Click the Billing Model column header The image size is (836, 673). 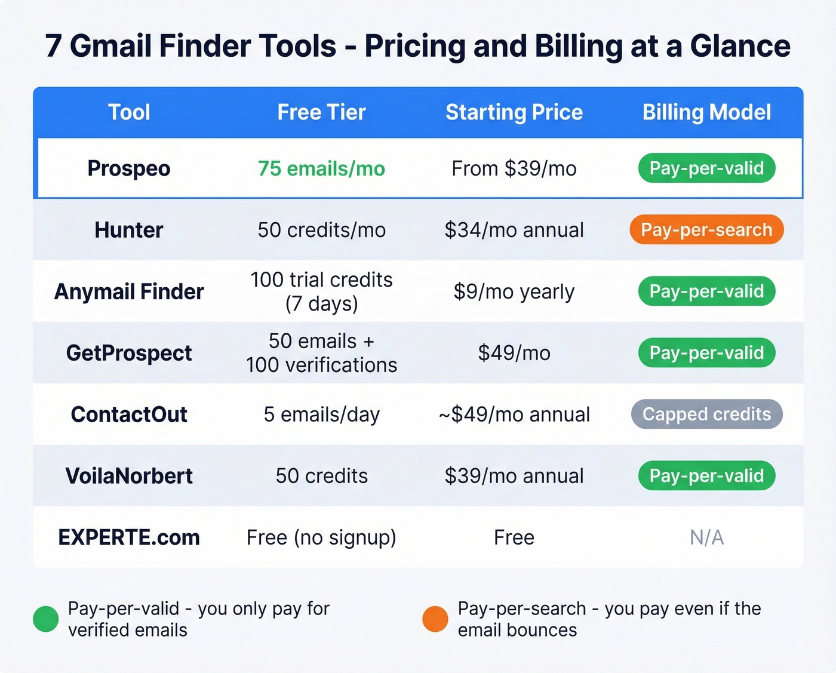pyautogui.click(x=706, y=112)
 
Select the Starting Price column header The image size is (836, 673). pyautogui.click(x=514, y=112)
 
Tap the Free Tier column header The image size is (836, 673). pyautogui.click(x=321, y=112)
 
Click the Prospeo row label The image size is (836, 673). pyautogui.click(x=129, y=168)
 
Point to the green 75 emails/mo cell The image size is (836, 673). pyautogui.click(x=321, y=168)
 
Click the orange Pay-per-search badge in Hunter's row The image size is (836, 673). pyautogui.click(x=706, y=230)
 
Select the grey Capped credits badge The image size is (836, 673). pyautogui.click(x=706, y=414)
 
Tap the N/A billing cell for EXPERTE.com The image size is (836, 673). pyautogui.click(x=706, y=537)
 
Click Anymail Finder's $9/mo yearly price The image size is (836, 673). pyautogui.click(x=514, y=291)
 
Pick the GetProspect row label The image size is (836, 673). pyautogui.click(x=129, y=353)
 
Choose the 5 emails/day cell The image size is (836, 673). pyautogui.click(x=321, y=414)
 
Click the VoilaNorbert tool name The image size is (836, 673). pyautogui.click(x=129, y=476)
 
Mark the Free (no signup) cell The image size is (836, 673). pyautogui.click(x=321, y=537)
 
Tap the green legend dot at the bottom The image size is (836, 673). pyautogui.click(x=46, y=619)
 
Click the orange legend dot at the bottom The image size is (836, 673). pyautogui.click(x=435, y=619)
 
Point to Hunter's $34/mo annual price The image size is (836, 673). pyautogui.click(x=514, y=230)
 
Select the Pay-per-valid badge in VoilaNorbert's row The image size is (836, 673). pyautogui.click(x=706, y=476)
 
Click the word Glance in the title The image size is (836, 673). pyautogui.click(x=740, y=46)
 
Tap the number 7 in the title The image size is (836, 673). pyautogui.click(x=53, y=46)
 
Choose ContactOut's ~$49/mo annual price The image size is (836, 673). pyautogui.click(x=514, y=414)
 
